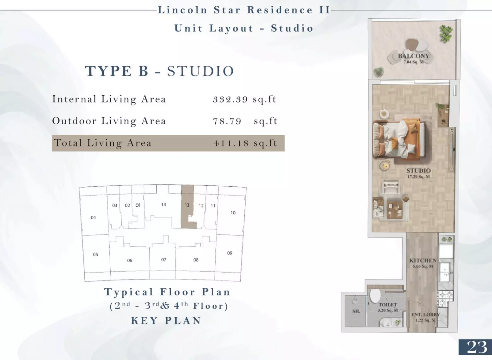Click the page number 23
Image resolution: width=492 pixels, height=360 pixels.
(477, 347)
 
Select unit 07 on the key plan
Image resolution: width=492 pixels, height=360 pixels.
(164, 260)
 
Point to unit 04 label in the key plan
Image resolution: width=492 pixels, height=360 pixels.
(93, 217)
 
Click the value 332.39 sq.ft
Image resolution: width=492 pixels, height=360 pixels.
(244, 99)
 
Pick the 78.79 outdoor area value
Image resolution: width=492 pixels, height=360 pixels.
(245, 121)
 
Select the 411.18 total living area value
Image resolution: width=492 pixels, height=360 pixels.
(245, 143)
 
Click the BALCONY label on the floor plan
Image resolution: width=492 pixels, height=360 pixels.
(414, 56)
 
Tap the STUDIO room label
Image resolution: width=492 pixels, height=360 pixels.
(418, 170)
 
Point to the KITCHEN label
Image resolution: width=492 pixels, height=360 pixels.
(423, 260)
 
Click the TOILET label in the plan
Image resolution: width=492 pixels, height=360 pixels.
(388, 305)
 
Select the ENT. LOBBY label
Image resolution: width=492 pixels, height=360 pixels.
(425, 315)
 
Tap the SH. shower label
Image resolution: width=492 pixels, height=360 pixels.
(356, 311)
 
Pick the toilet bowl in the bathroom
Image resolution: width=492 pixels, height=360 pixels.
(375, 295)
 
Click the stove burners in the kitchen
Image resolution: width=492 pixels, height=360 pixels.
(445, 299)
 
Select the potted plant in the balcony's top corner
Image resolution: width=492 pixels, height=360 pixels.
(446, 34)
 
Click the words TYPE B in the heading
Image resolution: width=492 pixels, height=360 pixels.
(117, 71)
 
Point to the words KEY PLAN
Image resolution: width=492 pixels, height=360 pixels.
(166, 320)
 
